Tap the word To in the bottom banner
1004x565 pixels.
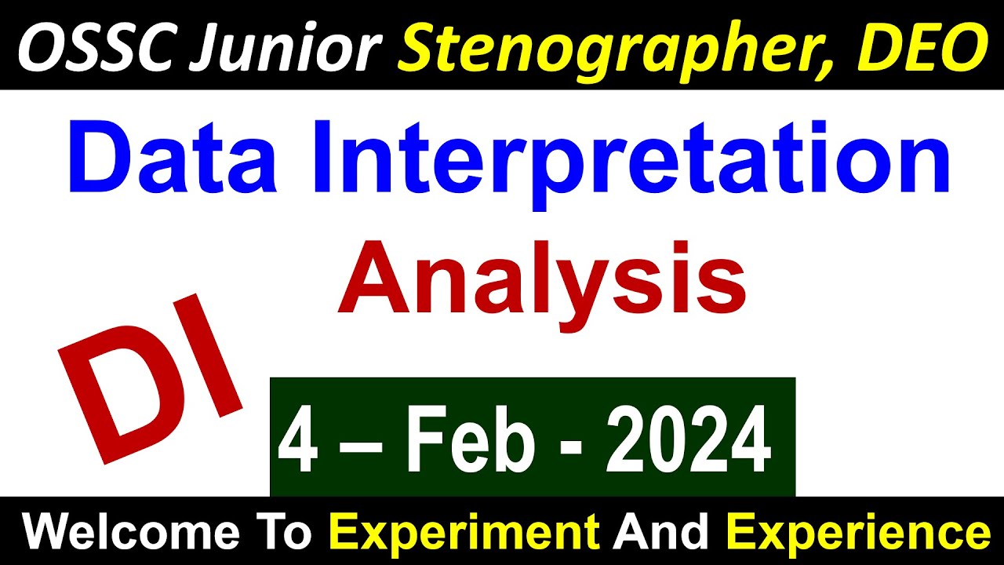[x=287, y=534]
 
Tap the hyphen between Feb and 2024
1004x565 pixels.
[x=576, y=447]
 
